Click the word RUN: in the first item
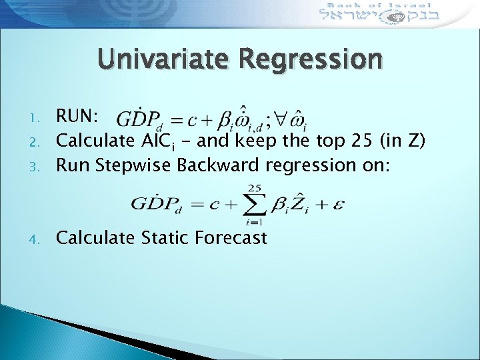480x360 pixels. point(77,117)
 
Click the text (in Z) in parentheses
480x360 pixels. point(400,140)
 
